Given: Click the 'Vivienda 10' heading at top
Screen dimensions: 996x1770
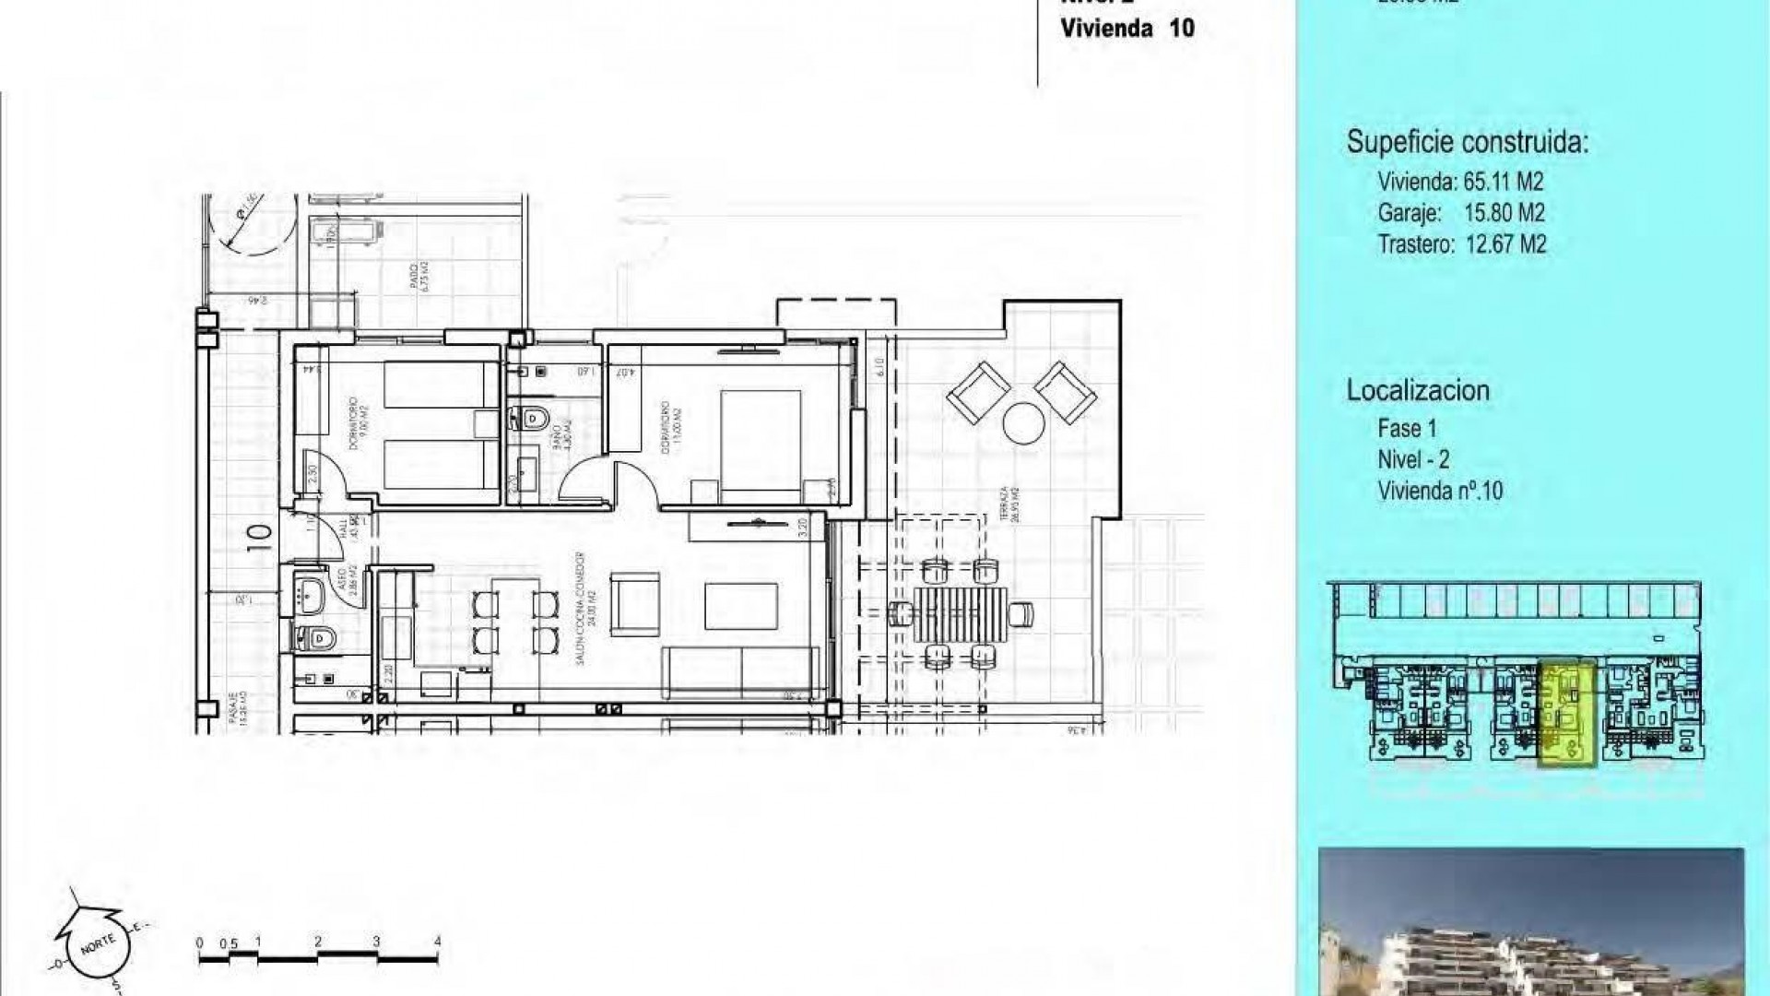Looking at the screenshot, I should click(1127, 28).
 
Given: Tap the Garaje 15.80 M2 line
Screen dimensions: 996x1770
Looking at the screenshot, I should click(1460, 213).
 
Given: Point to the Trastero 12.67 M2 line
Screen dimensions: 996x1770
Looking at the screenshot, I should click(1460, 244).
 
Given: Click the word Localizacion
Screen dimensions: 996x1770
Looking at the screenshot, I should click(1417, 390).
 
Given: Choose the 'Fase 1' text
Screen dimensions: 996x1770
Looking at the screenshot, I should click(1407, 429).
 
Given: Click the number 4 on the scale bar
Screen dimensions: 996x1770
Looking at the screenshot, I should click(437, 942).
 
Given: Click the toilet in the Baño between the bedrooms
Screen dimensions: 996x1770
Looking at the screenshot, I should click(533, 420).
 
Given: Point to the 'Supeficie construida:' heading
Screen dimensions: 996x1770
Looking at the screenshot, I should click(1468, 143).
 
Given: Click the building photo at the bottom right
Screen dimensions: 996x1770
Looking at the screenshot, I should click(1530, 922).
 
